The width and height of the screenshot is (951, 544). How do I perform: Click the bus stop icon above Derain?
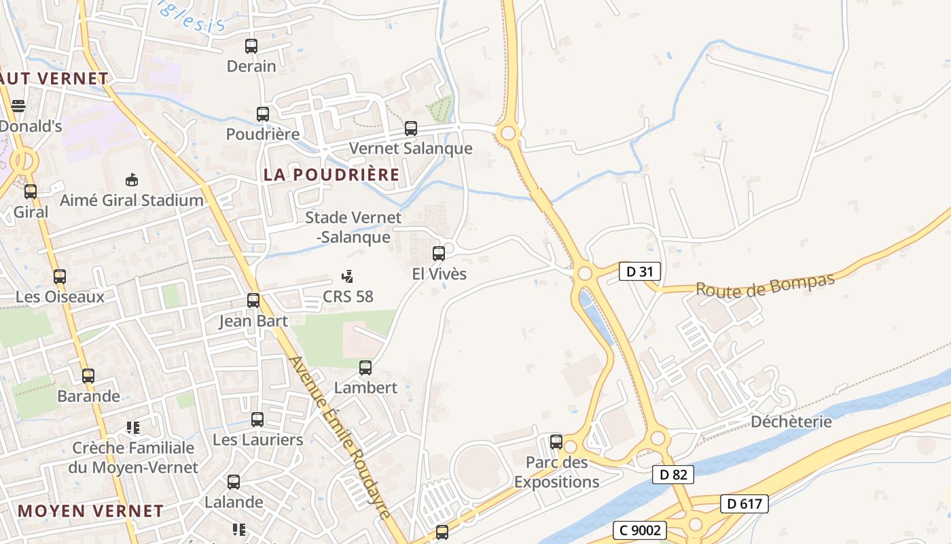point(251,46)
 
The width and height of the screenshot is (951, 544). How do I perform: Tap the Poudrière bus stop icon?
point(263,114)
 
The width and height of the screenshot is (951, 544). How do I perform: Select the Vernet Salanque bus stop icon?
point(411,129)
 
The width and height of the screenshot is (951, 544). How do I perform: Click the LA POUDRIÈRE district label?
point(331,175)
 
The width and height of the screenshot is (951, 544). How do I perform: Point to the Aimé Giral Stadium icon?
point(132,180)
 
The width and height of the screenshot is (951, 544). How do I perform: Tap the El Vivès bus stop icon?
point(439,254)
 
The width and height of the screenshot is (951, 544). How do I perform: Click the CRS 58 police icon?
point(348,276)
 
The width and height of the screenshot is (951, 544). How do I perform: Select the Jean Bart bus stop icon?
point(253,300)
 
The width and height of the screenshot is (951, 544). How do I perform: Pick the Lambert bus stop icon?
point(365,368)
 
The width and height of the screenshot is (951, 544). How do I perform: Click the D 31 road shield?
point(640,272)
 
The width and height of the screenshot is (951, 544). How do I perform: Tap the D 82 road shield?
point(673,475)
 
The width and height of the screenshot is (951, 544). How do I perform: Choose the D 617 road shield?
point(744,504)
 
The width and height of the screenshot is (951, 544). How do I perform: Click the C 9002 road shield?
point(639,530)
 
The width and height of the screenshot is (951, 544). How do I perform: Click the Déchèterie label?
point(791,422)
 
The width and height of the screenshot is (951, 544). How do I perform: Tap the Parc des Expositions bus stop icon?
point(556,442)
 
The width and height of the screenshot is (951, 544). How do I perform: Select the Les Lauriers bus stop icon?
point(257,420)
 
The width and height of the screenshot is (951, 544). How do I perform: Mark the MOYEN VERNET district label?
point(90,511)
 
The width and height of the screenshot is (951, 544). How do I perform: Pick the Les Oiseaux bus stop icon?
point(60,277)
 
